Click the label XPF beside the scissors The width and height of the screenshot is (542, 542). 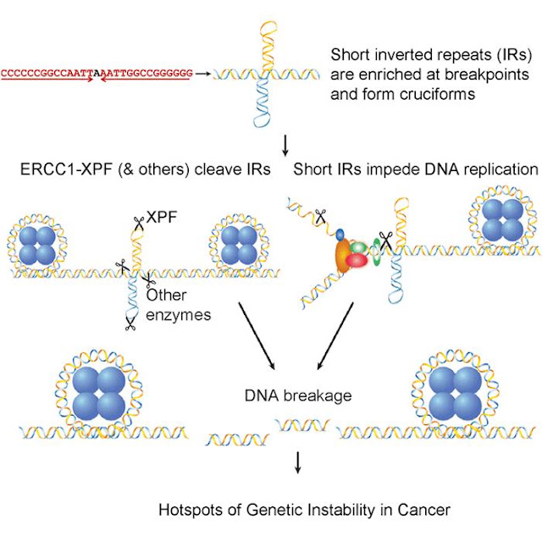(162, 217)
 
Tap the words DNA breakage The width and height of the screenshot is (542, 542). (298, 395)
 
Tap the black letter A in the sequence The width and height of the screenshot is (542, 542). (97, 74)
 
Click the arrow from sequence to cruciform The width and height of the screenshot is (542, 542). (203, 74)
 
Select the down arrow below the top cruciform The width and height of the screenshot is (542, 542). (285, 146)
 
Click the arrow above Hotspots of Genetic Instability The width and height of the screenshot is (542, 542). (297, 462)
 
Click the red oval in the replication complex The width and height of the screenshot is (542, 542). (357, 260)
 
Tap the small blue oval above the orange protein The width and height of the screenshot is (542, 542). (340, 235)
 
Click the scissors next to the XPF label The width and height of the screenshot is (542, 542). (139, 224)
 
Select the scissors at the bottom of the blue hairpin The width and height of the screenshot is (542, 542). (130, 324)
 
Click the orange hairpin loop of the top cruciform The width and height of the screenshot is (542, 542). (268, 30)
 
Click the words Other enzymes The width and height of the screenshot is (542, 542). (179, 305)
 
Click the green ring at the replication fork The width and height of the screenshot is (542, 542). (376, 252)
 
